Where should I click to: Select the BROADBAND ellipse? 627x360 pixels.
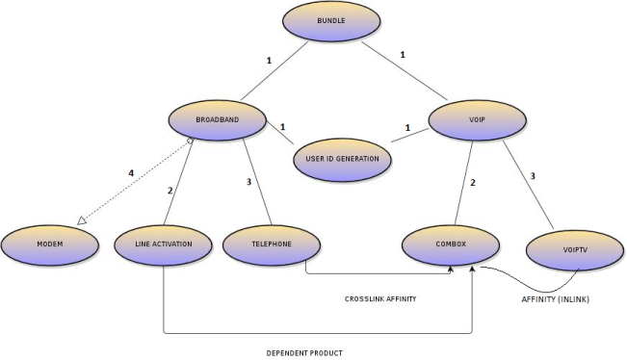coord(217,119)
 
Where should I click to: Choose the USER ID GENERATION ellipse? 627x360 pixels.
coord(342,159)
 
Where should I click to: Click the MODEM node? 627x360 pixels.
coord(49,244)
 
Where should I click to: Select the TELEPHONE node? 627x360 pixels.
coord(271,244)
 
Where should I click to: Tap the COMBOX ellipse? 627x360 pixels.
coord(449,244)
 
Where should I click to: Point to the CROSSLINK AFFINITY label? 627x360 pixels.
coord(379,299)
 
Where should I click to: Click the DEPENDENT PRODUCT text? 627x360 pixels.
coord(304,352)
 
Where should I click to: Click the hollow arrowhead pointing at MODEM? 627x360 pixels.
coord(83,221)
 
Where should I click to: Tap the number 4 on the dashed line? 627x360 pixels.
coord(131,173)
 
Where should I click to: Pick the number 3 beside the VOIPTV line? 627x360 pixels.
coord(533,174)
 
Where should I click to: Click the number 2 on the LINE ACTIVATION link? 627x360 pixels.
coord(170,190)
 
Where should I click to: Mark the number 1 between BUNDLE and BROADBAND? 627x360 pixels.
coord(268,61)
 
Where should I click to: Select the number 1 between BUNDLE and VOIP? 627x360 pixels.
coord(402,55)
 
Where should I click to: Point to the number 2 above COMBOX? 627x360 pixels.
coord(473,182)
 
